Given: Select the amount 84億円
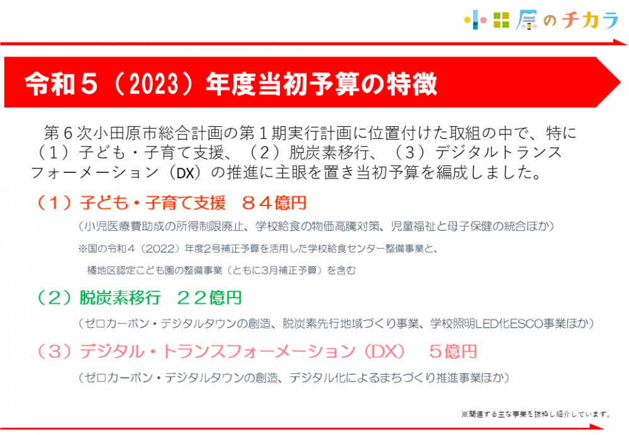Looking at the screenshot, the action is point(274,203).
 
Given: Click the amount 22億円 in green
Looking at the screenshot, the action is point(209,298).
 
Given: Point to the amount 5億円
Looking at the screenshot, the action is point(453,351).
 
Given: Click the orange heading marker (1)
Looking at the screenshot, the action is point(54,203).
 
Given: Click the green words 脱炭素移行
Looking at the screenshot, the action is point(120,298).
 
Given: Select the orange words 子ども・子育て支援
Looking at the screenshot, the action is point(152,203).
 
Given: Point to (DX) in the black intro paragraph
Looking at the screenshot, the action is point(185,173).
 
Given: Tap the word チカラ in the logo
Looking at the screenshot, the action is point(590,20).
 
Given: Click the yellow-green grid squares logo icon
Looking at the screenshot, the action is point(501,20).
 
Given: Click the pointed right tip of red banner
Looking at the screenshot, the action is point(620,82).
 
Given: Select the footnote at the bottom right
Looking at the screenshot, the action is point(536,414).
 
